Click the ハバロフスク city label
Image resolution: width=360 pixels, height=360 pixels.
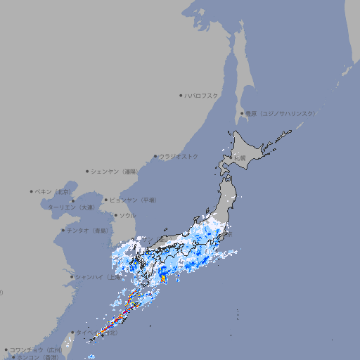click(202, 95)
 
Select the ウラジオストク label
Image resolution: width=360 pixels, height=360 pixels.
click(179, 156)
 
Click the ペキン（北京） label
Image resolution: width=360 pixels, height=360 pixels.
click(53, 191)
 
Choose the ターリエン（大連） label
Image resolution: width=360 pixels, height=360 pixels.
click(71, 207)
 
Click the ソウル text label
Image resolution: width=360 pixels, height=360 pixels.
click(127, 215)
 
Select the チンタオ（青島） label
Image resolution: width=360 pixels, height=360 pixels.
click(86, 230)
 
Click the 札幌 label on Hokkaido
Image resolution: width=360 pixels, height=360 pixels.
click(240, 158)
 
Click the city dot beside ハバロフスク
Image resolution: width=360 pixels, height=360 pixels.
click(181, 95)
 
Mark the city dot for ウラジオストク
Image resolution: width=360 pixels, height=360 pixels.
click(155, 156)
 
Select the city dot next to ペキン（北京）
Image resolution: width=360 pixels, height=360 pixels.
click(32, 191)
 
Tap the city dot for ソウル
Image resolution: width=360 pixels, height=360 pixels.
click(115, 215)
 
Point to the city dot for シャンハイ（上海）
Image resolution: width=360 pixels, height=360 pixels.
click(72, 277)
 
